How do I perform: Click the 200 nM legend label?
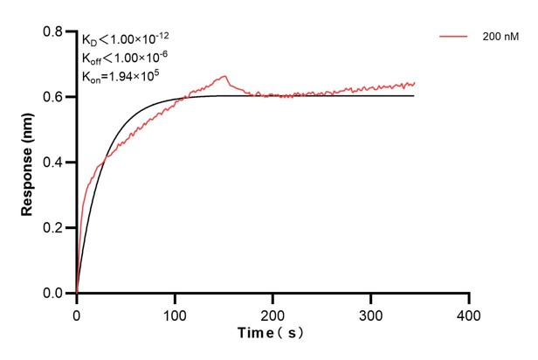click(499, 38)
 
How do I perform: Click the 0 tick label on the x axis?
click(77, 312)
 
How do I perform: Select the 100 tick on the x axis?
click(175, 312)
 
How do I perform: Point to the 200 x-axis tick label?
click(273, 312)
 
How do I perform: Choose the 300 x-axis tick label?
click(371, 312)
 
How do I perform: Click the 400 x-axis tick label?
click(470, 312)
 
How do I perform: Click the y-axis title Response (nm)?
click(28, 162)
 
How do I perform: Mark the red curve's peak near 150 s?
click(224, 76)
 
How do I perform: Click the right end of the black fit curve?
click(414, 95)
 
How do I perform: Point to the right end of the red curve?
click(414, 83)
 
